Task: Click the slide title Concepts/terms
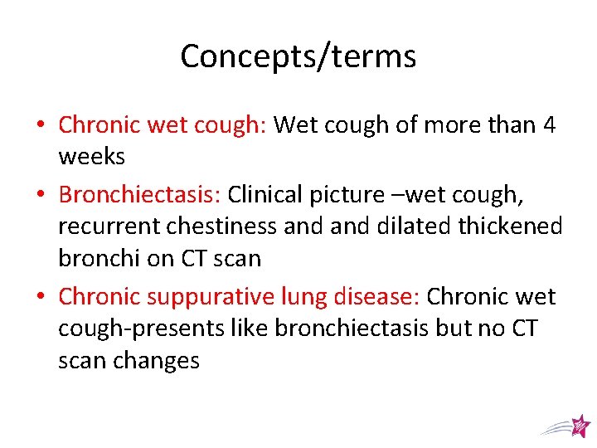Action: (298, 56)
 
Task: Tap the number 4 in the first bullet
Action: (549, 125)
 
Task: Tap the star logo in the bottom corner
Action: (580, 426)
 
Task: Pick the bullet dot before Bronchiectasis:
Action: (41, 195)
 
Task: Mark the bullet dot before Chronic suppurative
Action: (41, 297)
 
